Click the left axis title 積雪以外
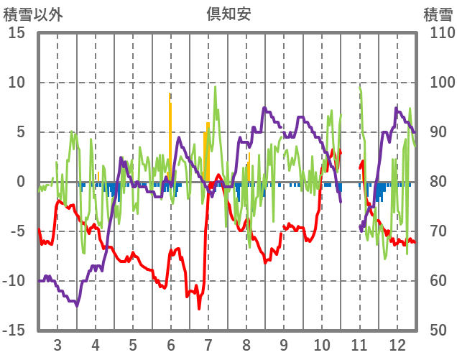[28, 13]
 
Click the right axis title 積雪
[438, 13]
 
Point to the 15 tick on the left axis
[17, 33]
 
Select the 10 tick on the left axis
[17, 83]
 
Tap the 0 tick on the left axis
[21, 182]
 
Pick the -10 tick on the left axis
[14, 281]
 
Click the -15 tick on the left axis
[14, 331]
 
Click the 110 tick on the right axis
[439, 33]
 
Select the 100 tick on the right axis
[439, 83]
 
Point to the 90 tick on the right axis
[435, 132]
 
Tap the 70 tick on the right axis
[435, 231]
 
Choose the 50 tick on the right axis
[435, 331]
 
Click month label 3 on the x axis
[57, 343]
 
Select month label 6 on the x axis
[170, 343]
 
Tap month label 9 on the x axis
[284, 343]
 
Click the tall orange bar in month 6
[170, 129]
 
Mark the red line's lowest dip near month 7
[200, 308]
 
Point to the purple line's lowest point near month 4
[77, 305]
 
